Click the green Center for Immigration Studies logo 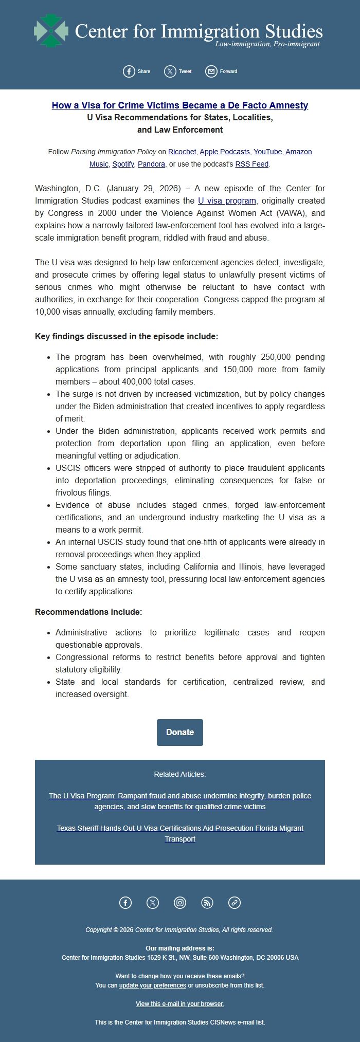[x=51, y=31]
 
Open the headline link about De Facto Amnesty [x=180, y=105]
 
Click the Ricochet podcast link [x=182, y=152]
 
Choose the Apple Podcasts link [x=224, y=152]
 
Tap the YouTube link [x=267, y=152]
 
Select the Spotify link [x=123, y=164]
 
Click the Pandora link [x=151, y=164]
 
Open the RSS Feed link [x=251, y=164]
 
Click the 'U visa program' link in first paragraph [x=227, y=200]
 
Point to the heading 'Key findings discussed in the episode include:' [x=127, y=336]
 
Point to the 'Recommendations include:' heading [x=88, y=612]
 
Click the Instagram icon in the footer [x=180, y=902]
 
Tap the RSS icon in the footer [x=207, y=902]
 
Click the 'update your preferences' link [x=152, y=985]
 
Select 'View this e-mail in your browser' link [x=180, y=1003]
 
